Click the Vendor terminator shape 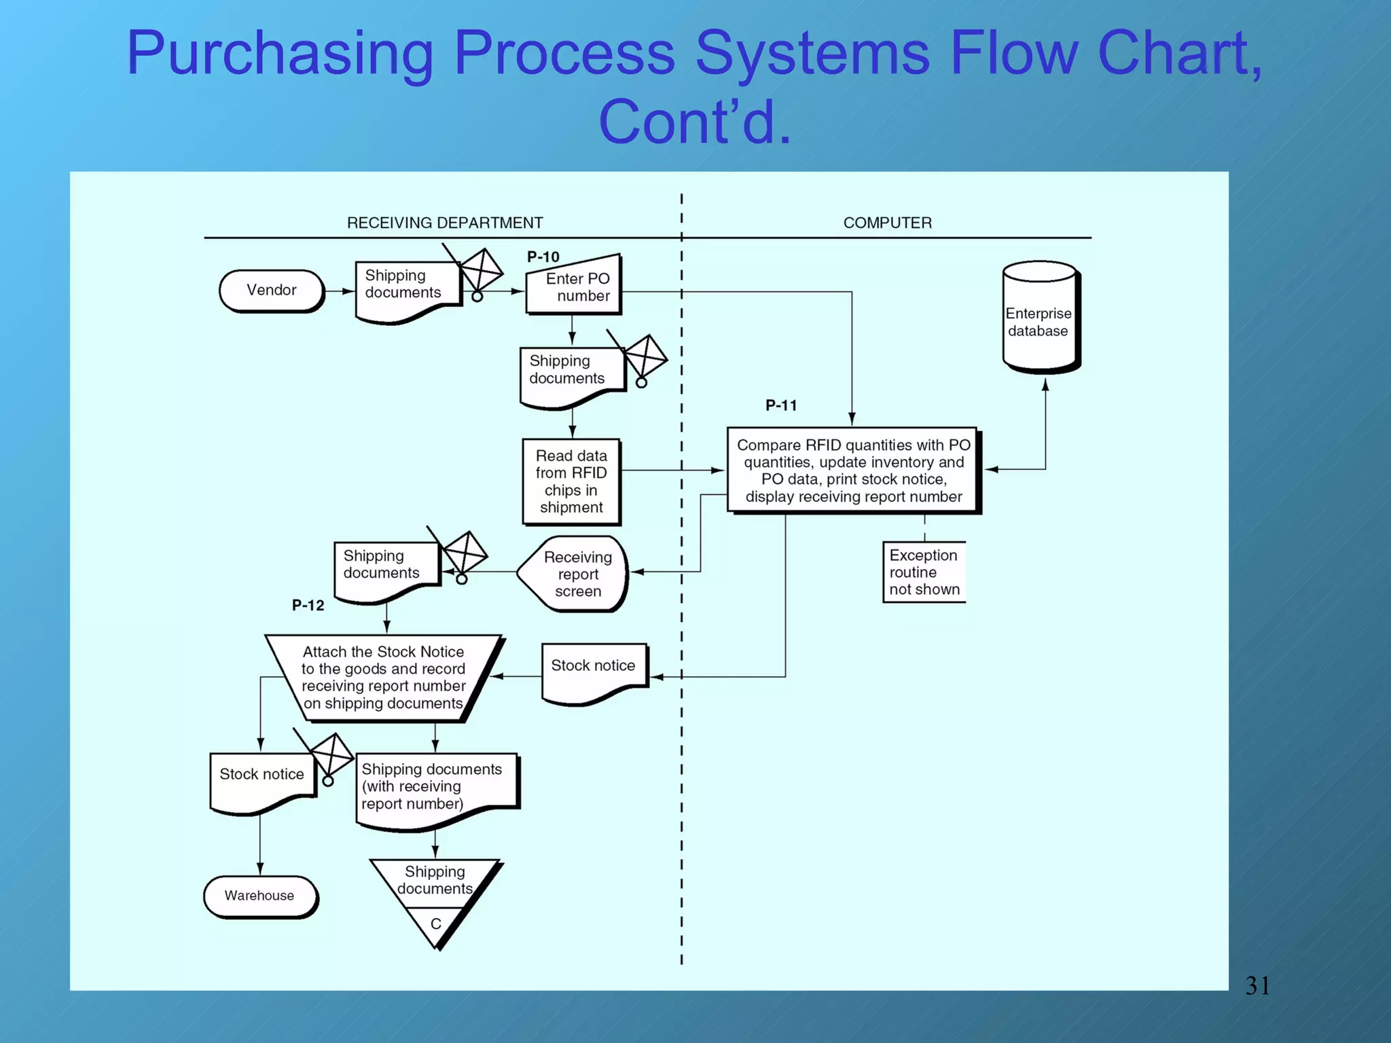[271, 291]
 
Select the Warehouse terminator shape [259, 896]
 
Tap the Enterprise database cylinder [1039, 319]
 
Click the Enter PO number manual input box [574, 287]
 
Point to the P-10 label [543, 257]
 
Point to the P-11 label [781, 405]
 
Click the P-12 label [308, 605]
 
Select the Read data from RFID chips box [571, 481]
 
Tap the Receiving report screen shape [575, 574]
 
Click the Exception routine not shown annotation [924, 572]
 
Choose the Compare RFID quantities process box [853, 470]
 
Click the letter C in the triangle [435, 923]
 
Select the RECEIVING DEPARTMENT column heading [445, 223]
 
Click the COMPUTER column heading [887, 223]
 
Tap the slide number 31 [1257, 985]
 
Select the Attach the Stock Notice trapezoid [383, 677]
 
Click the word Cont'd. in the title [694, 122]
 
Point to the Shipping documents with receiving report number [435, 788]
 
